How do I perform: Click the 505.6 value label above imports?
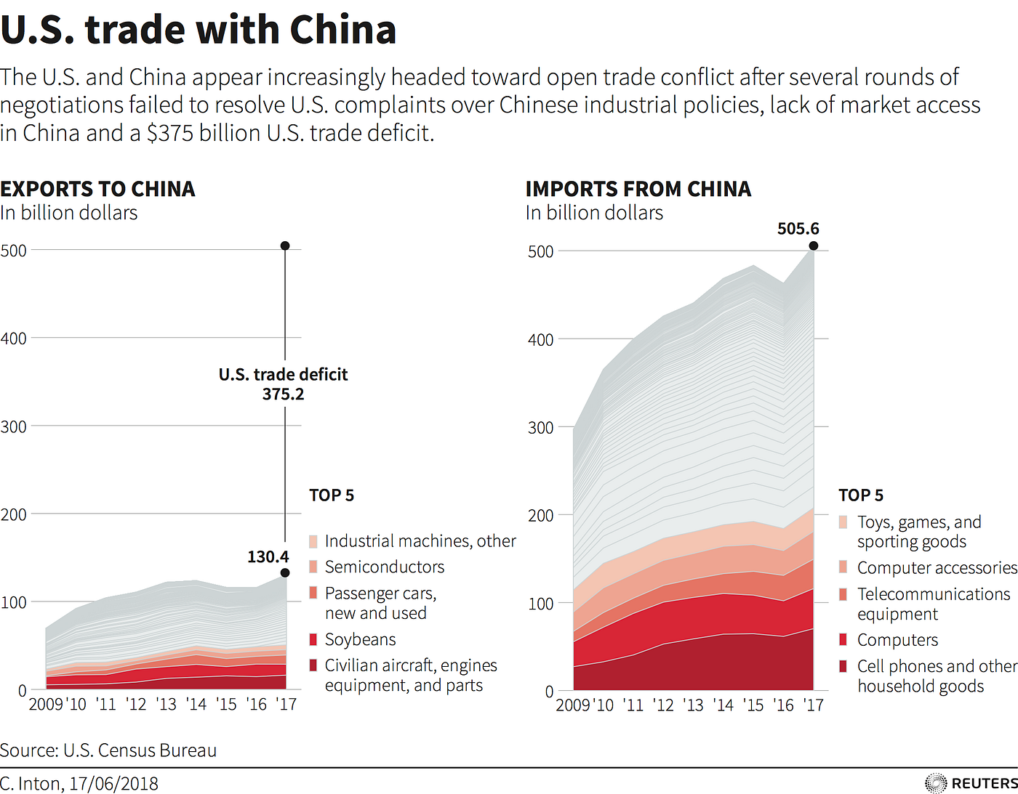(x=798, y=229)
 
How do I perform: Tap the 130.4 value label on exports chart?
(x=268, y=557)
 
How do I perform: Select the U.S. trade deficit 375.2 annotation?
(x=284, y=384)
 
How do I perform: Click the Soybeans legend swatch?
(x=313, y=639)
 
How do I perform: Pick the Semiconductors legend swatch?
(x=313, y=567)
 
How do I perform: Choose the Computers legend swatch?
(x=843, y=640)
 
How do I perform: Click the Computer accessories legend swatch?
(x=843, y=567)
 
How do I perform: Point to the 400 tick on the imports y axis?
(x=540, y=340)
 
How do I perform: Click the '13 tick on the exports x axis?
(x=166, y=704)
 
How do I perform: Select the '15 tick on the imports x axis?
(x=753, y=705)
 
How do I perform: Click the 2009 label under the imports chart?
(x=573, y=705)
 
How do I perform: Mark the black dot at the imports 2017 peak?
(x=814, y=246)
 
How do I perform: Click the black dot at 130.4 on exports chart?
(x=285, y=573)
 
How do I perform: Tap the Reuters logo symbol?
(x=935, y=783)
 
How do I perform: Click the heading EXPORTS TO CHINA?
(x=97, y=190)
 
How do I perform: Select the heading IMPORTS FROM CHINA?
(x=638, y=190)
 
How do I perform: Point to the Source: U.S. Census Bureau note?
(x=108, y=750)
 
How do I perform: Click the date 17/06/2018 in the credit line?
(x=113, y=784)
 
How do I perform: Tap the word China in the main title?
(x=342, y=31)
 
